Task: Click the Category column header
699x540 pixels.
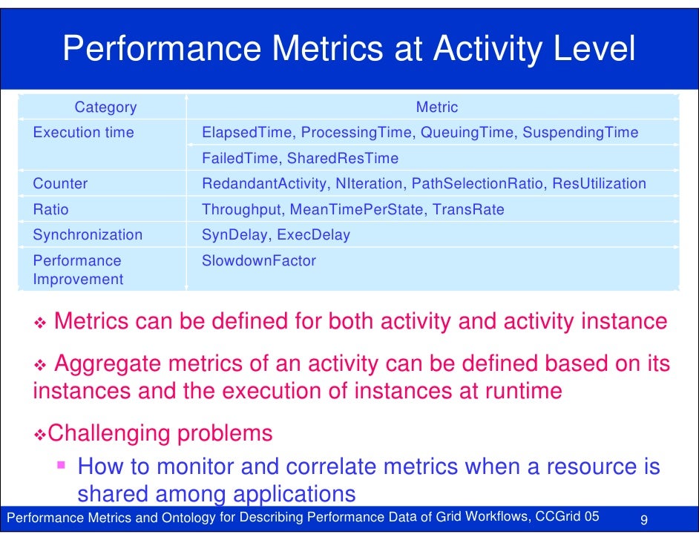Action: [105, 108]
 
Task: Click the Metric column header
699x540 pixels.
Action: [437, 108]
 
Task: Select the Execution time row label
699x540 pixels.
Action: [83, 133]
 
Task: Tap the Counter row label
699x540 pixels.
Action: [60, 183]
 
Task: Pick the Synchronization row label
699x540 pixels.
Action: [88, 234]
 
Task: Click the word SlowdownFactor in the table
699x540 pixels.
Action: [259, 260]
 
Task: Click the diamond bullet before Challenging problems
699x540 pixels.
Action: [42, 433]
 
